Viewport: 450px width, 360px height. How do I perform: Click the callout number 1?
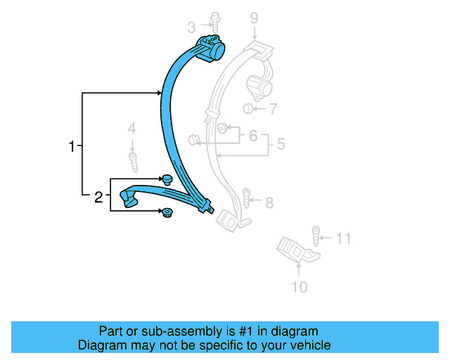[x=71, y=147]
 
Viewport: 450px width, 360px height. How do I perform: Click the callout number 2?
[x=98, y=198]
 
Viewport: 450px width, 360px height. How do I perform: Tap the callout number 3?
[x=191, y=28]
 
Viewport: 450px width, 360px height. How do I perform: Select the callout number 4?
[x=131, y=129]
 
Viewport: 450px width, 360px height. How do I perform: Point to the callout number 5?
[x=280, y=145]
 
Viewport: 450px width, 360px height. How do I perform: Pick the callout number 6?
[x=253, y=136]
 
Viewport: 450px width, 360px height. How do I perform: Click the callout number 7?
[x=273, y=109]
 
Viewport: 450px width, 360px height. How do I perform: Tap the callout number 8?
[x=269, y=203]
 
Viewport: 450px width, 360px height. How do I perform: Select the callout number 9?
[x=254, y=19]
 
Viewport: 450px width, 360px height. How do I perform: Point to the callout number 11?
[x=342, y=238]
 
